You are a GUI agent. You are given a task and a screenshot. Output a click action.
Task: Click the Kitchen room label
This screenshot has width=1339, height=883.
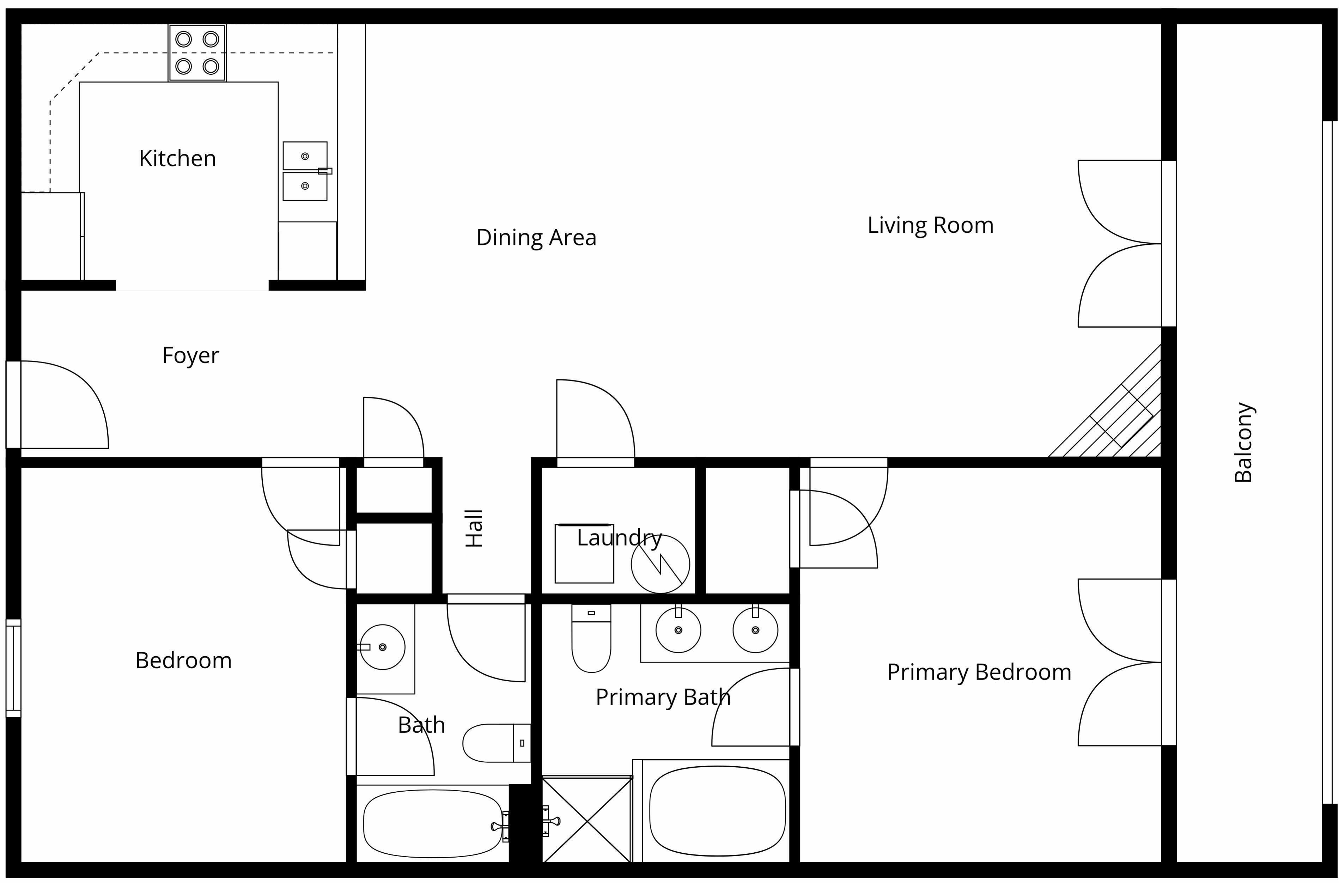click(x=177, y=159)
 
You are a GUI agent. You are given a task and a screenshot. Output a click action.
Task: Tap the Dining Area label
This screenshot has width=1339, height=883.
click(x=536, y=238)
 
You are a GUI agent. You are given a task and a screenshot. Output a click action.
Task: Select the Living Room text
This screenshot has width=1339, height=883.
click(x=930, y=225)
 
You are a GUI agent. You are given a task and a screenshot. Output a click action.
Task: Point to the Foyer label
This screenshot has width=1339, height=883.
click(x=190, y=356)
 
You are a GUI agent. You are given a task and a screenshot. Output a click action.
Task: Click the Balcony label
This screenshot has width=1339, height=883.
click(x=1243, y=442)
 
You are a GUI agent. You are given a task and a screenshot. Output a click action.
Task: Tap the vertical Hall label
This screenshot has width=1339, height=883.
click(x=474, y=528)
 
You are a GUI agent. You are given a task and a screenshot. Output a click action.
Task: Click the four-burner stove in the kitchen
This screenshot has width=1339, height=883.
click(x=197, y=53)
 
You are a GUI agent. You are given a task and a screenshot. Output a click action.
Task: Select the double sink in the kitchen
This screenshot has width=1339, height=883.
click(x=305, y=171)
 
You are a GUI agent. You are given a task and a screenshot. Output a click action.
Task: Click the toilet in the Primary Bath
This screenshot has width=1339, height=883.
click(x=591, y=638)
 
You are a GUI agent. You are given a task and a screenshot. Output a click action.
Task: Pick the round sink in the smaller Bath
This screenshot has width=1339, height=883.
click(x=382, y=647)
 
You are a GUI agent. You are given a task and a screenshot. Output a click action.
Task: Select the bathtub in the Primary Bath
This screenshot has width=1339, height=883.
click(x=717, y=811)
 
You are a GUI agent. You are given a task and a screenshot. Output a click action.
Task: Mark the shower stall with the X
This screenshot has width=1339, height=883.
click(x=587, y=820)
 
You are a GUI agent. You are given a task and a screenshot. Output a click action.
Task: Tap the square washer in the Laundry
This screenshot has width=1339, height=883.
click(x=584, y=554)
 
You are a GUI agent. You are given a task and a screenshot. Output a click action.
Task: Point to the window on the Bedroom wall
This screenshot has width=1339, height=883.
click(x=13, y=669)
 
